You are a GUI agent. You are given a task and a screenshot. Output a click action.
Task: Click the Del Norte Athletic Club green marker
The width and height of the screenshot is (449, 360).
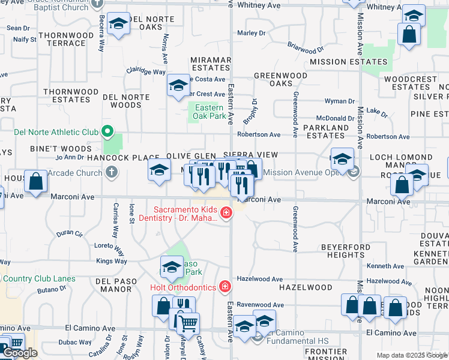coord(107,131)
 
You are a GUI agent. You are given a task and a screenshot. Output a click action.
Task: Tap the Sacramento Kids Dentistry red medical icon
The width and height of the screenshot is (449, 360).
coord(226,212)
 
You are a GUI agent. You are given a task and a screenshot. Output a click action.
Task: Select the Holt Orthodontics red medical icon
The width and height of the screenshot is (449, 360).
coord(224,287)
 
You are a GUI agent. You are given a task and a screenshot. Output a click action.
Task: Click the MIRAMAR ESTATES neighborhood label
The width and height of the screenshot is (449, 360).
coord(211,64)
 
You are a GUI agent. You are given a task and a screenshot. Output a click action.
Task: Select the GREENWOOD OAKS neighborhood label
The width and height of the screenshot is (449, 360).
coord(280,80)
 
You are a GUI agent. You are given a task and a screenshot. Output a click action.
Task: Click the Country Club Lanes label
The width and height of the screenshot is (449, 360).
coord(39,278)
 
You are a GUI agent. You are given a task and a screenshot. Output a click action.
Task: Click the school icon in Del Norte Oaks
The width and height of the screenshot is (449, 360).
coord(119,24)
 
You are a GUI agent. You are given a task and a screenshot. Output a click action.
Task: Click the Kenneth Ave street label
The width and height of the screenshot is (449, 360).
coord(384,266)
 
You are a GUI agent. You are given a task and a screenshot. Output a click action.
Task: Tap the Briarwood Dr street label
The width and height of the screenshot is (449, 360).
coord(305,46)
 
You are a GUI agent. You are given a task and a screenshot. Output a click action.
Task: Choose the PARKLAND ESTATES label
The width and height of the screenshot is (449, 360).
coord(326,132)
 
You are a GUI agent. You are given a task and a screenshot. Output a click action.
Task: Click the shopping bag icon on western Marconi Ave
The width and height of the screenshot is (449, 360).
coord(36,181)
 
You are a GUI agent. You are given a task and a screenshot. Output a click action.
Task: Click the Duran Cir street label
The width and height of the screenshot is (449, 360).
coord(70,233)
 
